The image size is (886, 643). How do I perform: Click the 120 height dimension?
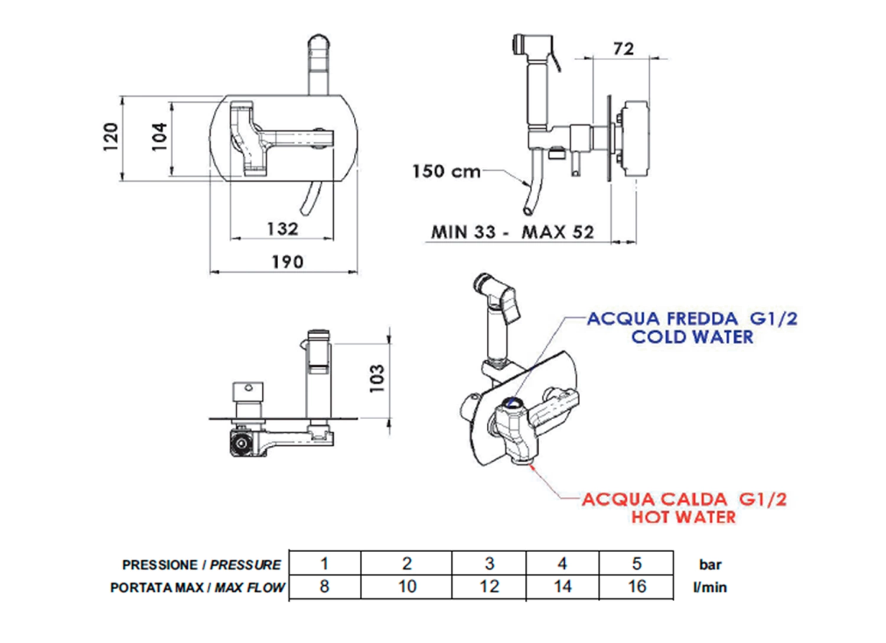(x=110, y=137)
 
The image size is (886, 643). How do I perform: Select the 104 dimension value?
(x=159, y=137)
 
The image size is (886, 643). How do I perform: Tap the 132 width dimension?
(x=282, y=229)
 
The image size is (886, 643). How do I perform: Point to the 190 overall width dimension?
(x=287, y=262)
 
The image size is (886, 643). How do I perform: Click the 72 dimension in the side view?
(x=623, y=48)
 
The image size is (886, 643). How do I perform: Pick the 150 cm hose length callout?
(x=446, y=172)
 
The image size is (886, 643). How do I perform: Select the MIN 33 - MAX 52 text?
(x=512, y=232)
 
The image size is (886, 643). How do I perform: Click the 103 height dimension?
(x=377, y=378)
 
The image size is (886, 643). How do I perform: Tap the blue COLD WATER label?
(x=692, y=337)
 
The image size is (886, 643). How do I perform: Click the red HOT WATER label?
(x=683, y=517)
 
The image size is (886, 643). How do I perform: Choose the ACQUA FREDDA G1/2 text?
(x=692, y=319)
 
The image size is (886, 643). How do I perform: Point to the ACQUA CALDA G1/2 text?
(x=684, y=500)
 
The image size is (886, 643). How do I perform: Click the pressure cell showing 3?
(x=489, y=564)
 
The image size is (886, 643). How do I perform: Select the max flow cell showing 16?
(x=637, y=587)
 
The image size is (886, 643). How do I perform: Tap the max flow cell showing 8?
(x=324, y=587)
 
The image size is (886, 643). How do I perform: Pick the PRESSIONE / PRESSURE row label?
(x=201, y=565)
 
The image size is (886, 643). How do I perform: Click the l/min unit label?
(x=710, y=587)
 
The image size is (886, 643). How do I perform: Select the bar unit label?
(x=710, y=565)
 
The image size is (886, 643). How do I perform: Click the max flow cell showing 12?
(x=489, y=587)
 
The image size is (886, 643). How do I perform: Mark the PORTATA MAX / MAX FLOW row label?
(x=197, y=587)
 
